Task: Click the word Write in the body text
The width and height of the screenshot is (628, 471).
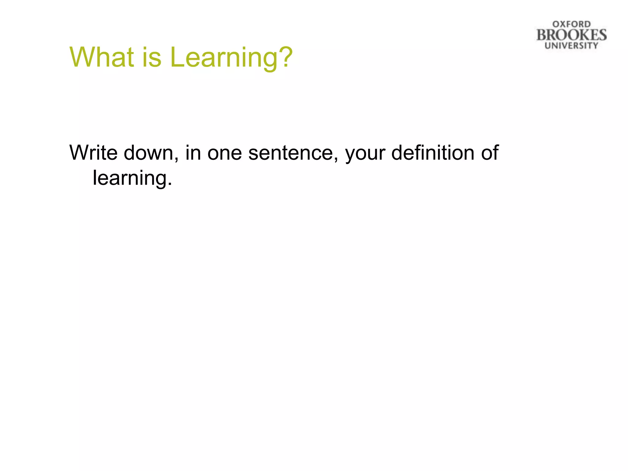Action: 94,152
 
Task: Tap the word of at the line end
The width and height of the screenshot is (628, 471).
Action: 489,152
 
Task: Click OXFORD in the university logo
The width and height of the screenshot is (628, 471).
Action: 571,24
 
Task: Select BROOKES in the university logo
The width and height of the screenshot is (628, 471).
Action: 571,35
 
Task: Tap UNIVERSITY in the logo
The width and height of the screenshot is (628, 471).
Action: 571,46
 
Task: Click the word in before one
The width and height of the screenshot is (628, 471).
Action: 193,152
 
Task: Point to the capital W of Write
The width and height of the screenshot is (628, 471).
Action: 79,152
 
